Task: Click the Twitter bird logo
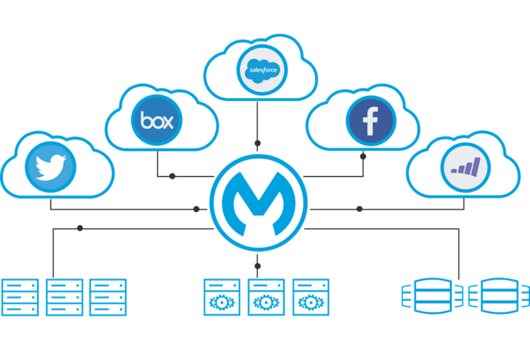[x=51, y=167]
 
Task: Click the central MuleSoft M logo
[x=258, y=202]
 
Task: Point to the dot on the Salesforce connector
[x=257, y=143]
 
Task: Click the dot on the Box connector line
[x=172, y=176]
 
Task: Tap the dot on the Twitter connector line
[x=196, y=209]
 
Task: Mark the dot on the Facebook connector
[x=363, y=155]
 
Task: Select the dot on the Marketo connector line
[x=360, y=209]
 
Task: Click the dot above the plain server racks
[x=80, y=228]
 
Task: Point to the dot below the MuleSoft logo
[x=257, y=266]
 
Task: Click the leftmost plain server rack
[x=20, y=297]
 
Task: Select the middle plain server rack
[x=64, y=297]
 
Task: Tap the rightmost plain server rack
[x=108, y=297]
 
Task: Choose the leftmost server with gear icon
[x=222, y=297]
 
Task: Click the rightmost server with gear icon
[x=311, y=297]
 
